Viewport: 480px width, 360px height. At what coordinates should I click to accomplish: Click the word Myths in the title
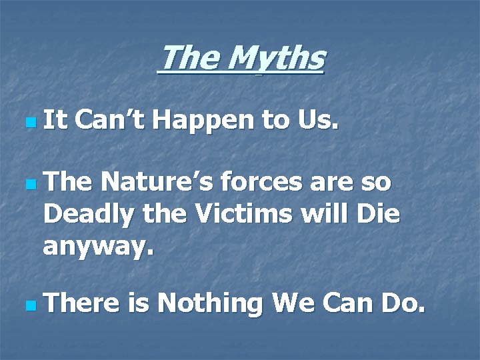[x=275, y=59]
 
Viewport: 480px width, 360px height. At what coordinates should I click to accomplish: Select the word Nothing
[x=212, y=305]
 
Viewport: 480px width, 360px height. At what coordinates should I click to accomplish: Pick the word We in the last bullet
[x=294, y=303]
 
